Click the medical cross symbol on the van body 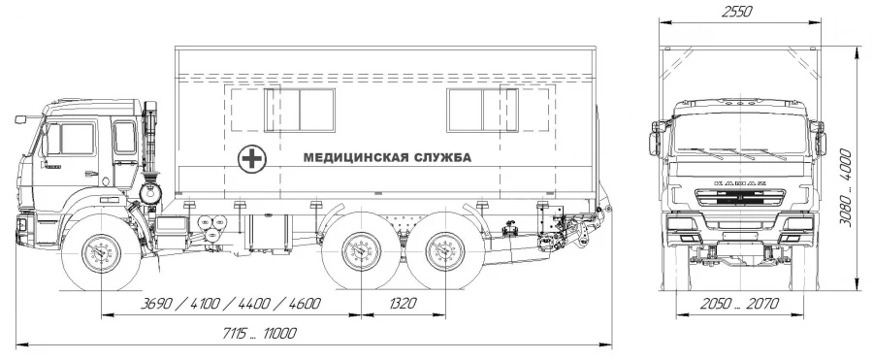pos(252,159)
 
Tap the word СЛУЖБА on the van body pos(441,158)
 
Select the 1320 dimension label pos(404,304)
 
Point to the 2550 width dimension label pos(737,12)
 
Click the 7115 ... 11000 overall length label pos(259,334)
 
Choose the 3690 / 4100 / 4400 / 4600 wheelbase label pos(231,304)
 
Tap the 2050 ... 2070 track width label pos(739,304)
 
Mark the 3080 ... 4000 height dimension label pos(846,187)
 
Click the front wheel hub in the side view pos(101,253)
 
